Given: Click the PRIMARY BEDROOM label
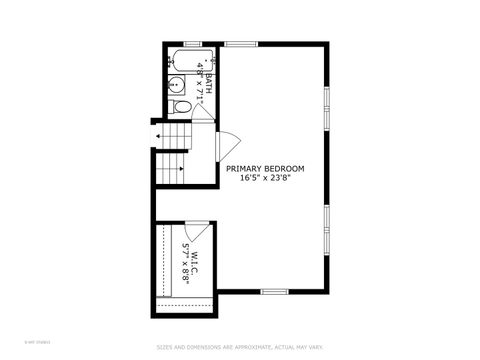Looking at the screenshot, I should (265, 169).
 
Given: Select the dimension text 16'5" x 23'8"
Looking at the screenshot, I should (265, 180).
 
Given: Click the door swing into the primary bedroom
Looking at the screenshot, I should (227, 146).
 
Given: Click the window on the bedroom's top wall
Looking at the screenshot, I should (240, 43).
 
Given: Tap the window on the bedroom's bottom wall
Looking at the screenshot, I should (274, 291).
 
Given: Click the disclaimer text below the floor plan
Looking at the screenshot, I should (239, 348).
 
